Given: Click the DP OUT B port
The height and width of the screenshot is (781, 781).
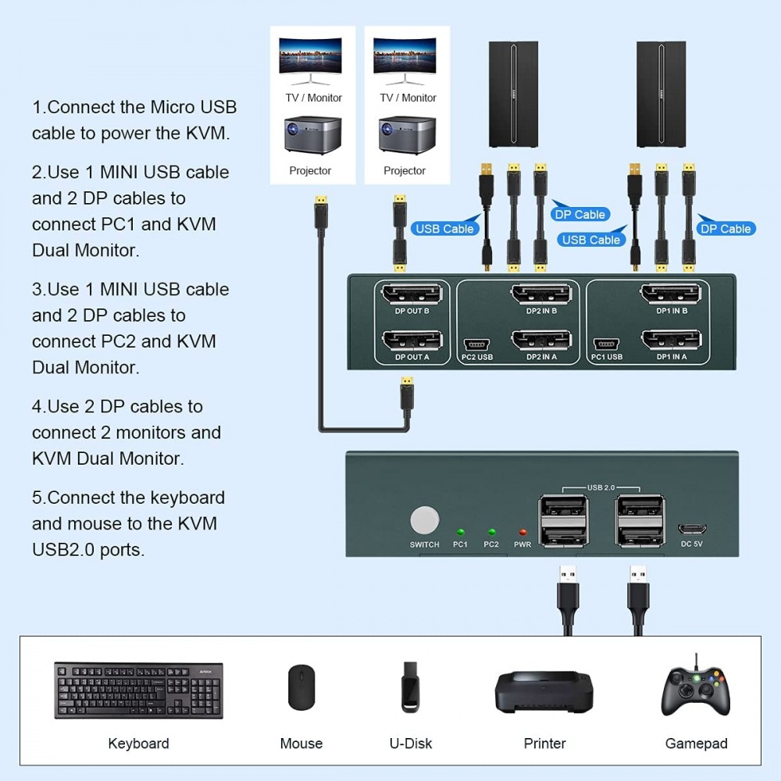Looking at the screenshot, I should click(411, 294).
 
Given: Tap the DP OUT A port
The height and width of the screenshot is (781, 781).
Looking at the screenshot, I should click(411, 341).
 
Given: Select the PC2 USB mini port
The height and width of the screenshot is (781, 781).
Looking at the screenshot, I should click(476, 344).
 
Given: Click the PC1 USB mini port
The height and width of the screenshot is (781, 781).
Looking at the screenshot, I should click(606, 344).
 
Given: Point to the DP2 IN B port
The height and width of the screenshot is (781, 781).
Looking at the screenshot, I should click(540, 294).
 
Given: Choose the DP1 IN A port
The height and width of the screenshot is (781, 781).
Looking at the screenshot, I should click(670, 341).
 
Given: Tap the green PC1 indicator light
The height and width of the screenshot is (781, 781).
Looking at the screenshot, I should click(460, 531).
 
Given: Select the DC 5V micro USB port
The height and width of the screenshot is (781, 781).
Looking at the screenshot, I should click(692, 527).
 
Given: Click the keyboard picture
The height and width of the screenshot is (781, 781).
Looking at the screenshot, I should click(138, 690).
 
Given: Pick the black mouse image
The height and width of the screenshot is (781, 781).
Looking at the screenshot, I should click(301, 688).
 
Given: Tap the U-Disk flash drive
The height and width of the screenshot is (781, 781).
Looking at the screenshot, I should click(411, 687).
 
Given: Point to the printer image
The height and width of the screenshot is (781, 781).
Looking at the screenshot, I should click(544, 691).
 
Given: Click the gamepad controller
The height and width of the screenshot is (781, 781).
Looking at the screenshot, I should click(696, 688).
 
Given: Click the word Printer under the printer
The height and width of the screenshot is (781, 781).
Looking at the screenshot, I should click(544, 744).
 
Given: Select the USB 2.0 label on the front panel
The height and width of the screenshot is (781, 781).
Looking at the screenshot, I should click(599, 488).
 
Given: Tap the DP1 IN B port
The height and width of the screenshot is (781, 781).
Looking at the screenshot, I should click(670, 294).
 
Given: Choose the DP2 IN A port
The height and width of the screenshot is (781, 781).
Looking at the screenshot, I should click(540, 341).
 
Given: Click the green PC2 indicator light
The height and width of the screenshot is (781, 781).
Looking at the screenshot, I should click(491, 531).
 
